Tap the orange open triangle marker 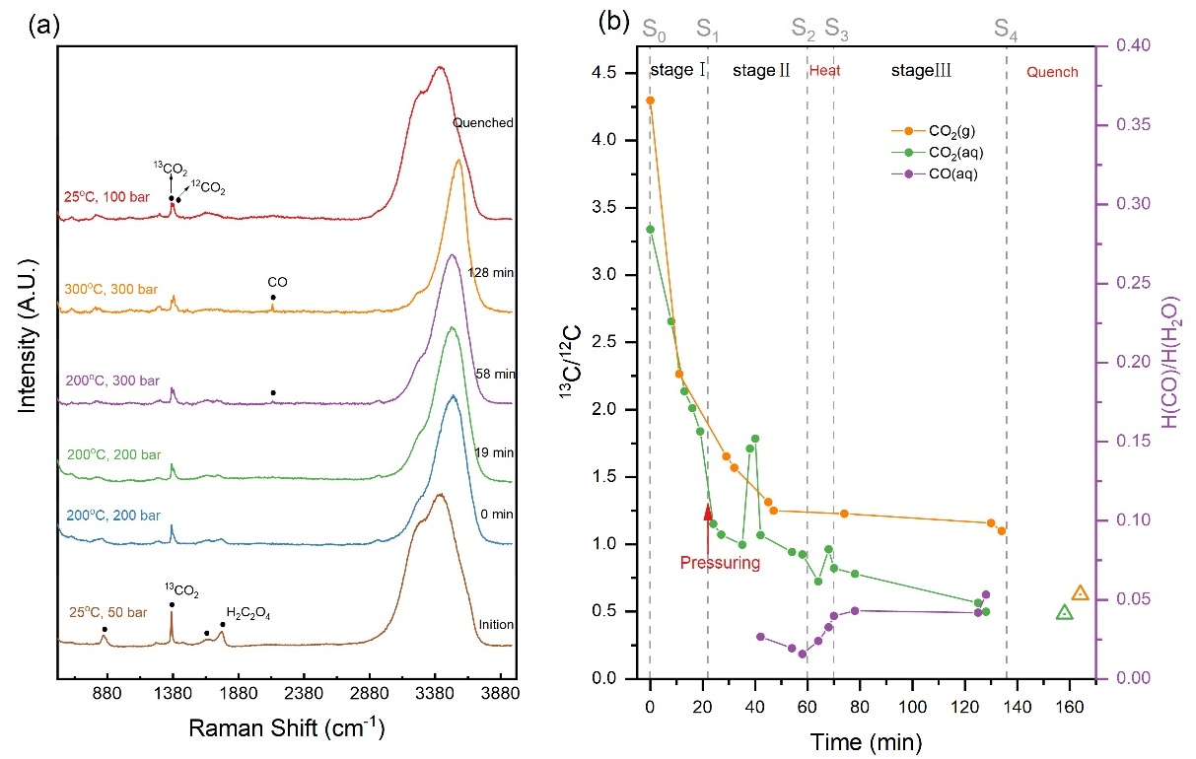click(1080, 592)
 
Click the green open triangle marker click(1065, 612)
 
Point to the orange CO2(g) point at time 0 click(650, 101)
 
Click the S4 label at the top click(1006, 31)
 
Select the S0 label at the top click(654, 31)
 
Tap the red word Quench click(1052, 72)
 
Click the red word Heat click(824, 72)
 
